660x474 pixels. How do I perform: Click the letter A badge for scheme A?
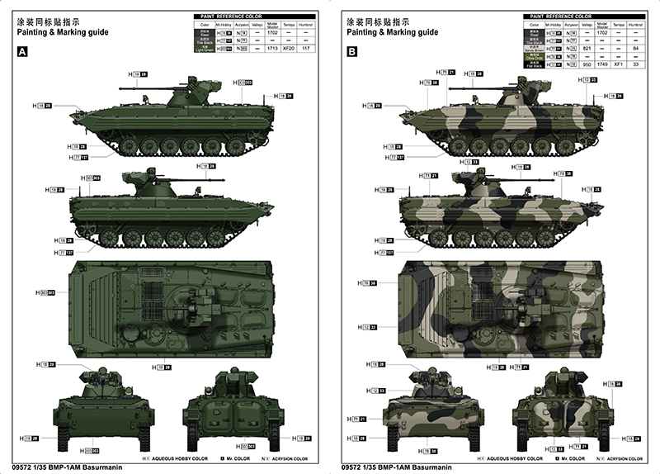pos(22,51)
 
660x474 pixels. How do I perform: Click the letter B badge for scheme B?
pos(352,51)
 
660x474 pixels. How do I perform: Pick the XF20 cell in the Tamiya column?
pos(289,49)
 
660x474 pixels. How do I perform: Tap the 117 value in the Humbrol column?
pos(307,49)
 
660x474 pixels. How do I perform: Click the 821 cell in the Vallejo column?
pos(585,49)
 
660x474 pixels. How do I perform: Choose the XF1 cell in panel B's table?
pos(620,64)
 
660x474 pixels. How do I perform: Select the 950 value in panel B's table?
pos(585,64)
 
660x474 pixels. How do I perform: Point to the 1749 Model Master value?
pos(601,64)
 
